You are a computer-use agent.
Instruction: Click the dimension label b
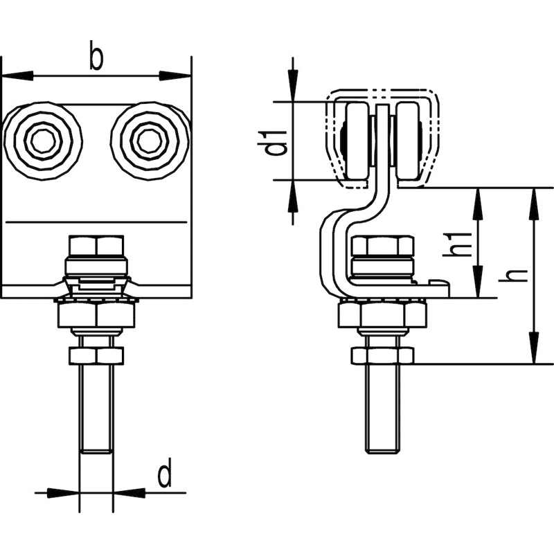[x=96, y=55]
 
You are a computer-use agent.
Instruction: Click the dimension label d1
[x=276, y=143]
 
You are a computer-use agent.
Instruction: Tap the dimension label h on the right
[x=513, y=275]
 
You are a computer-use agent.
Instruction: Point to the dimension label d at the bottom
[x=165, y=473]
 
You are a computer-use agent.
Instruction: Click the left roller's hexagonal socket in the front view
[x=44, y=141]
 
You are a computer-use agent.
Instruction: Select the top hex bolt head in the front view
[x=96, y=245]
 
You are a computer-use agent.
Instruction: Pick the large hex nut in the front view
[x=96, y=315]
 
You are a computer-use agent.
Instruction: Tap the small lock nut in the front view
[x=97, y=356]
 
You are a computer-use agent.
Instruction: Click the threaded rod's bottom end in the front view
[x=97, y=452]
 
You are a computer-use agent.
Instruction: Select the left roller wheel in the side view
[x=357, y=141]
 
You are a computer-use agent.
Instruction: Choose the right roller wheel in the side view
[x=408, y=141]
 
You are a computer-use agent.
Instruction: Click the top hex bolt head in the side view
[x=384, y=245]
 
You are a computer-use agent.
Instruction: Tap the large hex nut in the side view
[x=383, y=315]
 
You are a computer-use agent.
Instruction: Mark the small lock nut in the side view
[x=382, y=356]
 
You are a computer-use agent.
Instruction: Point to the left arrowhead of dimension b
[x=18, y=75]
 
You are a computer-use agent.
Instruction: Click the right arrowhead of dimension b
[x=175, y=75]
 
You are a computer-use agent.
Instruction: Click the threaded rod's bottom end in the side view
[x=383, y=452]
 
